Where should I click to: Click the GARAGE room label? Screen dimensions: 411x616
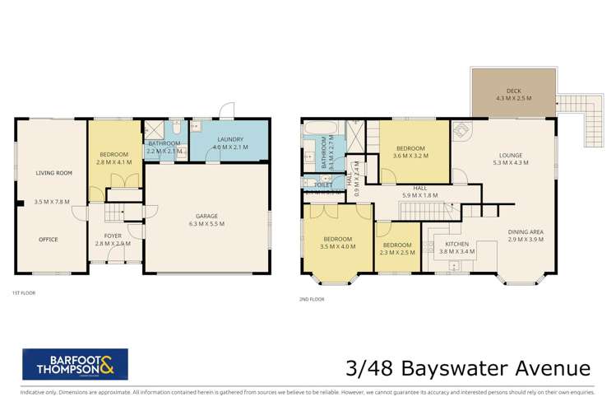click(x=206, y=215)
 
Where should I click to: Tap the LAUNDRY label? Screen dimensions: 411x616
click(x=229, y=139)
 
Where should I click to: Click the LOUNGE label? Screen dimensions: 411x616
click(x=512, y=153)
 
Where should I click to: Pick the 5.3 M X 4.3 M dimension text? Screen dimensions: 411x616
click(x=512, y=162)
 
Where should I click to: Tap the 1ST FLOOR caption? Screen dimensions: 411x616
click(x=23, y=292)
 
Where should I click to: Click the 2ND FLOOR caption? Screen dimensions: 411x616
click(x=313, y=298)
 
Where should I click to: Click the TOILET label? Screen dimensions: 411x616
click(x=323, y=186)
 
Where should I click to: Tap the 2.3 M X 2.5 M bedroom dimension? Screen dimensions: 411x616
click(x=396, y=253)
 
